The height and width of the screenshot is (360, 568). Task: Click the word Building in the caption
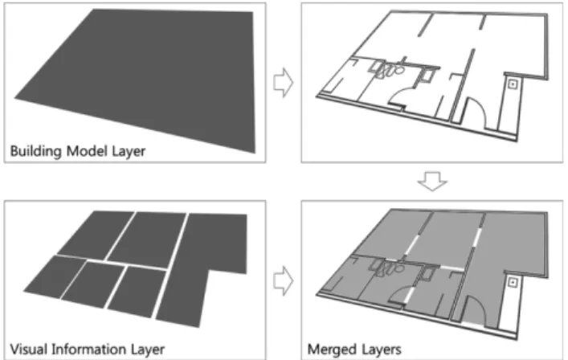(x=35, y=151)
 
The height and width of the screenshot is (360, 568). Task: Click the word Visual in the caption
(x=28, y=350)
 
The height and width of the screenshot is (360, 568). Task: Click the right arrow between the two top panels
(x=284, y=83)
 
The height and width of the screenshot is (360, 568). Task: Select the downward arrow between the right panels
(x=432, y=181)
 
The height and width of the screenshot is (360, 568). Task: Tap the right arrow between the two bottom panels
(x=284, y=280)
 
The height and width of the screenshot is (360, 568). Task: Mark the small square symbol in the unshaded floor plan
(x=513, y=84)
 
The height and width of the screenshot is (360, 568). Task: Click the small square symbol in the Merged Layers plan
(x=513, y=283)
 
